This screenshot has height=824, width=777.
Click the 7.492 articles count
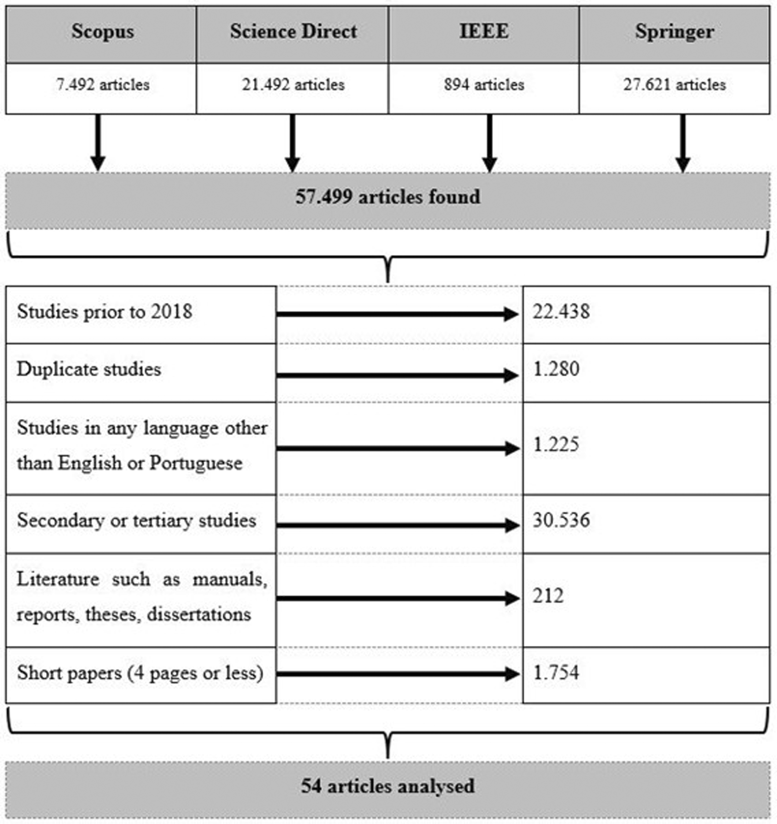pos(102,85)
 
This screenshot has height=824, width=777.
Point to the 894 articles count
pos(484,85)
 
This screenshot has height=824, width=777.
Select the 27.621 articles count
pos(674,85)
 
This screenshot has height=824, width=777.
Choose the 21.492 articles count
pos(293,85)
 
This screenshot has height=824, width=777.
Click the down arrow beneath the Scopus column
pos(98,142)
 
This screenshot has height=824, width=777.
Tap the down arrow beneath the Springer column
pos(683,142)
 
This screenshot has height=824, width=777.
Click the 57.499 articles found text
pos(387,197)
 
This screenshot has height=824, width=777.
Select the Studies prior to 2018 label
pos(104,312)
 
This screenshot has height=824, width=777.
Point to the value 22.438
pos(561,312)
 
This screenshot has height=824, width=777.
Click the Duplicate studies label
pos(89,369)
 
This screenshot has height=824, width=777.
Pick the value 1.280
pos(556,369)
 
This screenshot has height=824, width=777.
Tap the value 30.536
pos(561,520)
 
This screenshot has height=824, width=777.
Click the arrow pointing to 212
pos(398,598)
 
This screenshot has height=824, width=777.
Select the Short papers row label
pos(140,673)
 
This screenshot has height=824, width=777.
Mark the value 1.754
pos(556,673)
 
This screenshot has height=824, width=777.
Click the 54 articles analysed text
pos(387,786)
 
